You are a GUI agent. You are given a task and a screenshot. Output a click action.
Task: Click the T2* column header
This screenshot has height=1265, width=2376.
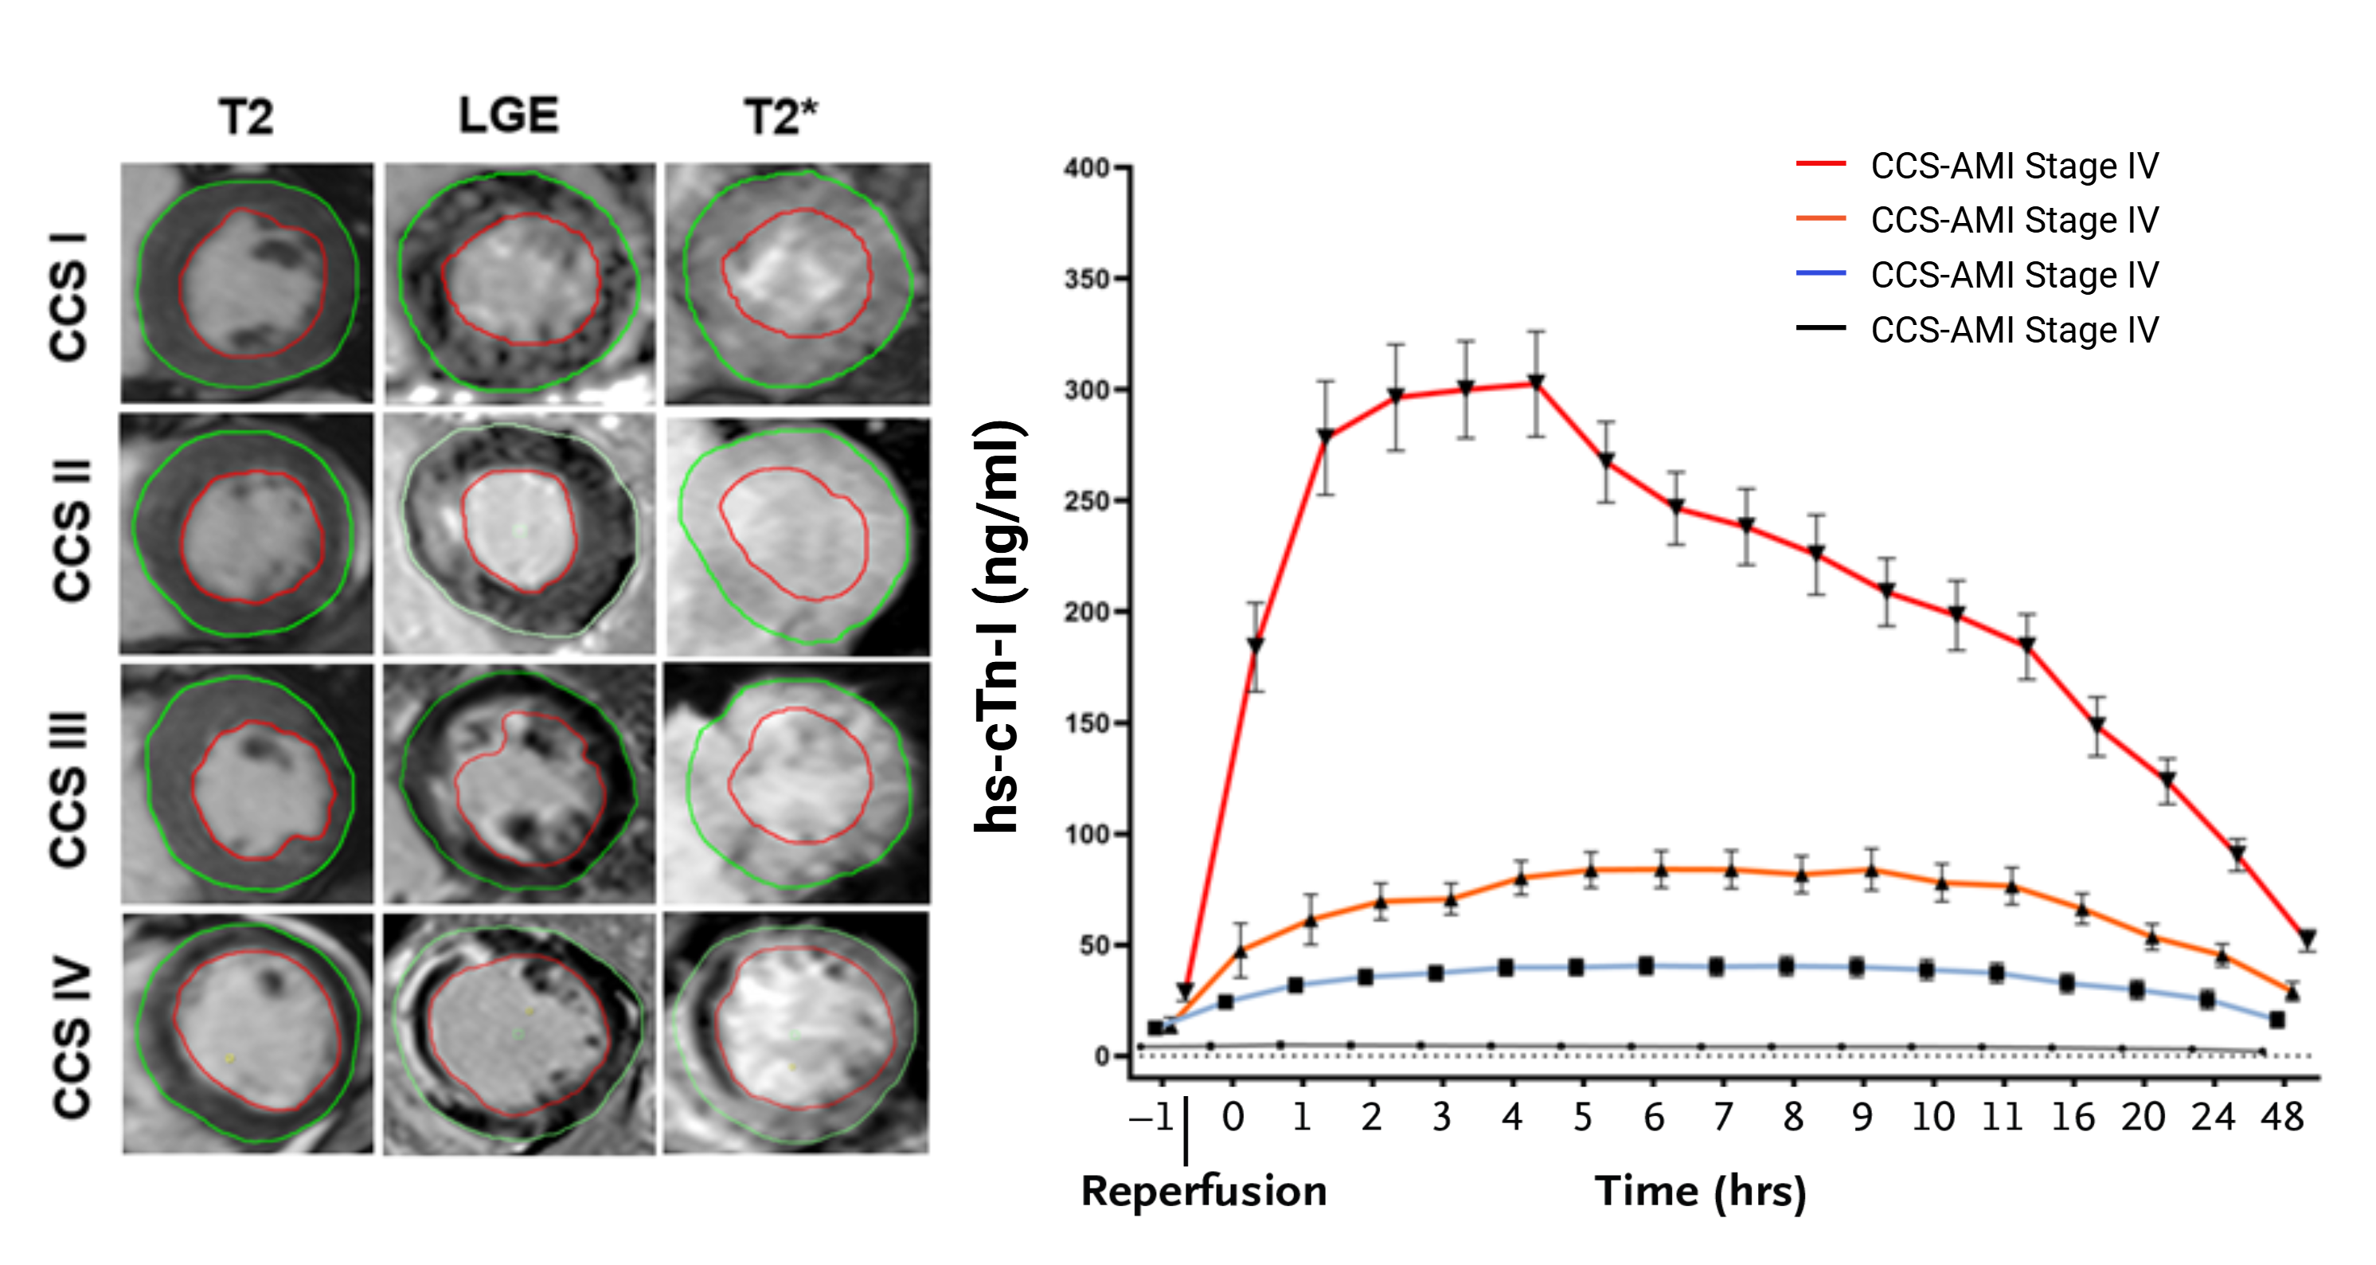pyautogui.click(x=780, y=118)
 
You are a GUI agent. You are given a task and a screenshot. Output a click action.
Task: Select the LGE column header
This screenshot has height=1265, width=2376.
pyautogui.click(x=509, y=116)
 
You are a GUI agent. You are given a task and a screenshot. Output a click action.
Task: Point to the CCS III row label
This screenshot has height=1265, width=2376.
pyautogui.click(x=69, y=789)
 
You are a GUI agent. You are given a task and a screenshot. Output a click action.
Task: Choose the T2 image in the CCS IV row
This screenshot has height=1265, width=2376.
pyautogui.click(x=247, y=1033)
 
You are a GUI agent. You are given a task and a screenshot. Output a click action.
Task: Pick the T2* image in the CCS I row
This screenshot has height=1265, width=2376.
pyautogui.click(x=798, y=284)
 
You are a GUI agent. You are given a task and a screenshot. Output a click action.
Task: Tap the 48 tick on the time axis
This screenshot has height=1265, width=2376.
pyautogui.click(x=2282, y=1118)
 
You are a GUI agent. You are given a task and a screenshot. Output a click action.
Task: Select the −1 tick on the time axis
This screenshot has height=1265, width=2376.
pyautogui.click(x=1151, y=1118)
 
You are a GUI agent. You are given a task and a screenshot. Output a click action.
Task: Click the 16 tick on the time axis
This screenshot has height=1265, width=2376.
pyautogui.click(x=2073, y=1118)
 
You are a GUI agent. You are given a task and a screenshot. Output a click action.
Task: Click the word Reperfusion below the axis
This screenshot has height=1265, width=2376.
pyautogui.click(x=1204, y=1191)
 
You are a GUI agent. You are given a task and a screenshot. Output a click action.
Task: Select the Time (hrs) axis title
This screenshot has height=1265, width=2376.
pyautogui.click(x=1700, y=1191)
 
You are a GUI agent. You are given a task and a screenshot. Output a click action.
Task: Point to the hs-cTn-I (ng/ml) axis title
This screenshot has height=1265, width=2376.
pyautogui.click(x=1000, y=628)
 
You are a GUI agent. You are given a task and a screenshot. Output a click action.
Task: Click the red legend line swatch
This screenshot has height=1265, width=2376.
pyautogui.click(x=1819, y=165)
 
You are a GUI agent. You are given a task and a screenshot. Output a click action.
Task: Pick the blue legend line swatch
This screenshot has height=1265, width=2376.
pyautogui.click(x=1819, y=274)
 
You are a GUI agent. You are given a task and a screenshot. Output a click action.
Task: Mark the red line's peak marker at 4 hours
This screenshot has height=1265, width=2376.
pyautogui.click(x=1536, y=382)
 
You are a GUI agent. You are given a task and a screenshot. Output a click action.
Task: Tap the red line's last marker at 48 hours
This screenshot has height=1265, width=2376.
pyautogui.click(x=2308, y=939)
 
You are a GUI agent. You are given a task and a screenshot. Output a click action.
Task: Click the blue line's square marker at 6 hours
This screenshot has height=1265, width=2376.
pyautogui.click(x=1646, y=966)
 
